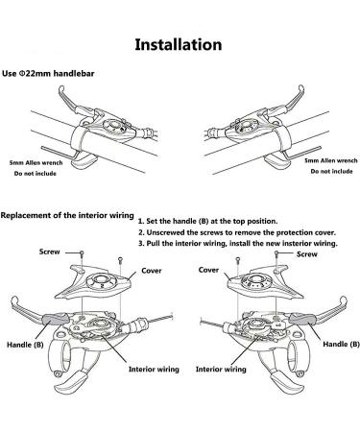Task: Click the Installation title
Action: (x=179, y=44)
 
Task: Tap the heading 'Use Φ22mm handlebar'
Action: (x=48, y=74)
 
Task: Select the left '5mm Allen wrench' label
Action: (x=36, y=162)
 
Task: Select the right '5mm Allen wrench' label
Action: (x=331, y=160)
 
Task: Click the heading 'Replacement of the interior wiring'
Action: (x=67, y=215)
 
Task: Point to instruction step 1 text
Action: (x=208, y=221)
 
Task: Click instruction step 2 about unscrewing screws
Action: (x=237, y=232)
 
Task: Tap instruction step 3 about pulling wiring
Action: (x=238, y=243)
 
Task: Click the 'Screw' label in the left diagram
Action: (x=50, y=252)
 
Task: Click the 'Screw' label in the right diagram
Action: (x=307, y=254)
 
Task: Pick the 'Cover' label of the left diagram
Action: (x=152, y=271)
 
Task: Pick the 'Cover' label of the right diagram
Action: (x=208, y=270)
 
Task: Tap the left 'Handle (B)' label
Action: (x=25, y=345)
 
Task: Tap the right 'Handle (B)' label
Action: (x=341, y=344)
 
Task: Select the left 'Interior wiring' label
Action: (x=154, y=370)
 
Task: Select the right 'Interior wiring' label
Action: (x=221, y=370)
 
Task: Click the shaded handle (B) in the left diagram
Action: (x=56, y=319)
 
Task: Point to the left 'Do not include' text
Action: (x=36, y=174)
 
